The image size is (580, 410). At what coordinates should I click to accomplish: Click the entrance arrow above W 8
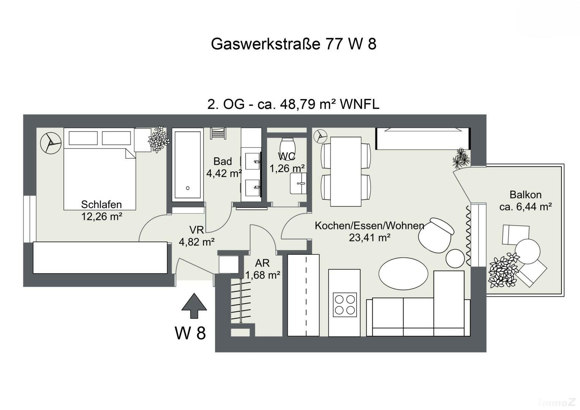point(194,305)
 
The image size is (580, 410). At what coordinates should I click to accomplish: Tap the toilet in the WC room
point(287,145)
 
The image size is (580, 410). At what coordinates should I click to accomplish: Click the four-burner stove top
point(345,304)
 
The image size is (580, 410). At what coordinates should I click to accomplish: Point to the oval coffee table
point(403,274)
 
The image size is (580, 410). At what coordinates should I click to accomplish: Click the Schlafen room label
point(101,205)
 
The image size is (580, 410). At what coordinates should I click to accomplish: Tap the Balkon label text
point(525,195)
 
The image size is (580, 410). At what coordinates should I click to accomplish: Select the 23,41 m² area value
point(370,238)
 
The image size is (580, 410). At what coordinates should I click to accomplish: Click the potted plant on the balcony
point(503,270)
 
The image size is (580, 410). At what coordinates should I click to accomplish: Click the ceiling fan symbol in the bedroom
point(51,143)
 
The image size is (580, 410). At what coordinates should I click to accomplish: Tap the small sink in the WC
point(299,183)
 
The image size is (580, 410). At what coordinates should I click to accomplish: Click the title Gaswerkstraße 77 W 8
point(293,44)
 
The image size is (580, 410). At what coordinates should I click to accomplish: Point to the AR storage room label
point(262,263)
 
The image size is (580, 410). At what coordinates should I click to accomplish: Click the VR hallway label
point(196,230)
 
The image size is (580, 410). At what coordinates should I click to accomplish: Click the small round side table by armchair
point(455,258)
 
